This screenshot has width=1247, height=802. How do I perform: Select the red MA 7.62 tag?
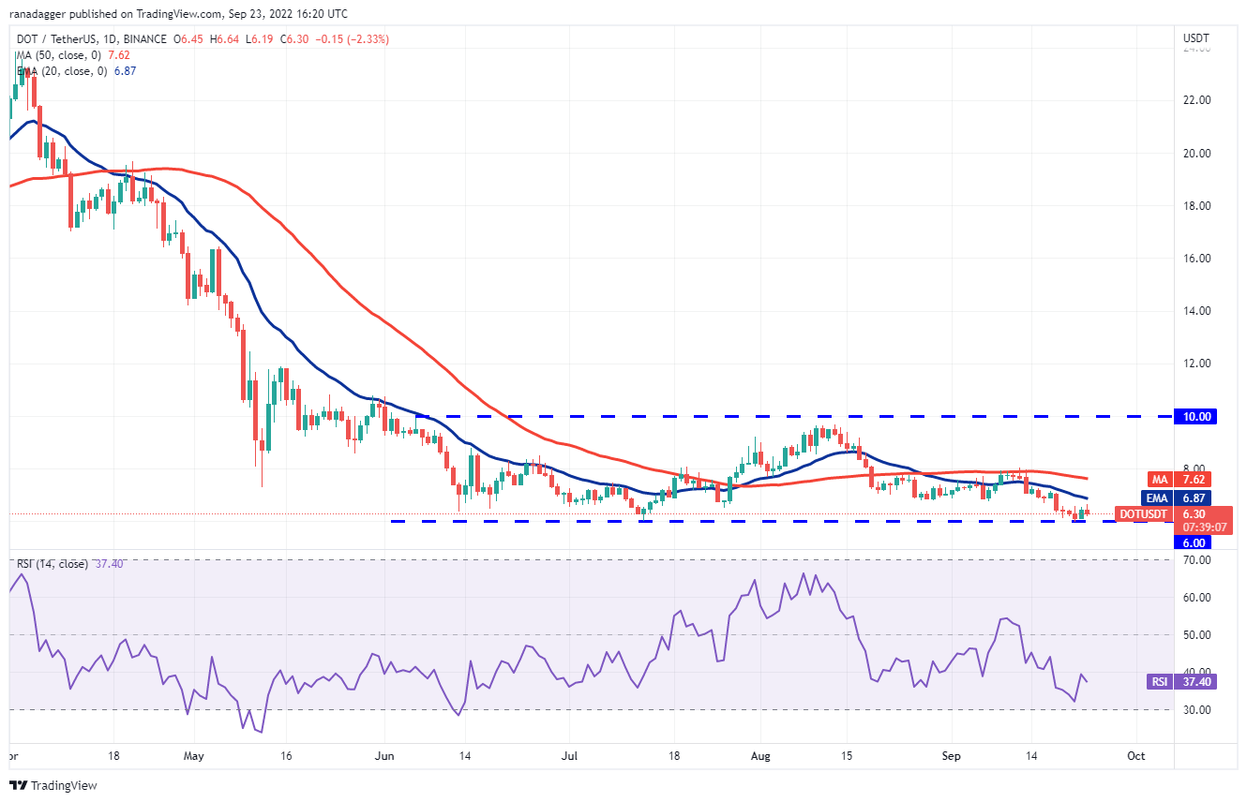tap(1152, 479)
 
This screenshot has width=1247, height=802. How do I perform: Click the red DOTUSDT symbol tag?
tap(1142, 513)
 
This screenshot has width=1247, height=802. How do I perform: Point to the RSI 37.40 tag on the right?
tap(1159, 682)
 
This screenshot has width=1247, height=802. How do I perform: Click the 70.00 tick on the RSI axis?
tap(1196, 560)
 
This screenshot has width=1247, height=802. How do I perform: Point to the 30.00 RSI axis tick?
tap(1196, 710)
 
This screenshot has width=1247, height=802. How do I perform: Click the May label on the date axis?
tap(194, 754)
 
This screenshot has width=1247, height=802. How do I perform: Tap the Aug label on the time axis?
tap(759, 754)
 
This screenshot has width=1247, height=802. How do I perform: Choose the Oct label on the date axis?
tap(1135, 754)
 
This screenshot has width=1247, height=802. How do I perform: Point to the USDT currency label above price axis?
tap(1196, 38)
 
